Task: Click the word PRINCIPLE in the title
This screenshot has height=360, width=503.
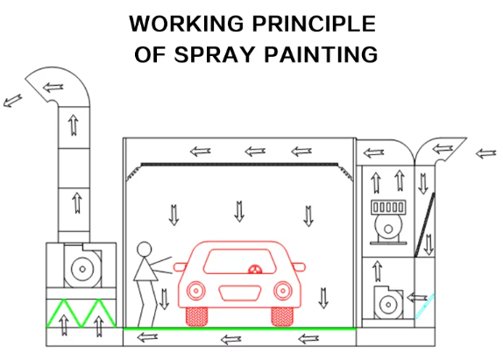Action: [314, 24]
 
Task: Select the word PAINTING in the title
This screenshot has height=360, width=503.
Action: [321, 54]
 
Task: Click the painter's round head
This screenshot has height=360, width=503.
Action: [144, 249]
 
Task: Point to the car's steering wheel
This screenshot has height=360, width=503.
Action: [255, 269]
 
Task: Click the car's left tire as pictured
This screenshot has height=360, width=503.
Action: [196, 317]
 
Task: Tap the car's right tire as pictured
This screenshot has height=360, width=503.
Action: [282, 317]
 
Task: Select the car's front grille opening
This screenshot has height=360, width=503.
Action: [239, 293]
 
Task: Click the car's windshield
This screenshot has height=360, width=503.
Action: [240, 261]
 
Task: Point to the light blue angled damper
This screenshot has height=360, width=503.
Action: [425, 307]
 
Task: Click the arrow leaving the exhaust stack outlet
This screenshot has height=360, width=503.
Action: [12, 101]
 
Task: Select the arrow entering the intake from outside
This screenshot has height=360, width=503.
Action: [485, 153]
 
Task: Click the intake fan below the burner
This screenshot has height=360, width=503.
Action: [388, 302]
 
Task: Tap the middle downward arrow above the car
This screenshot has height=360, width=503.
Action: [239, 212]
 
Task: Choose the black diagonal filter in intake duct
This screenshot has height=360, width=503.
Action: [425, 224]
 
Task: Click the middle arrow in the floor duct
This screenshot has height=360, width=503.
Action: [231, 340]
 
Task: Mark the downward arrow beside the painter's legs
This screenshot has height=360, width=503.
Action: [164, 299]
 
